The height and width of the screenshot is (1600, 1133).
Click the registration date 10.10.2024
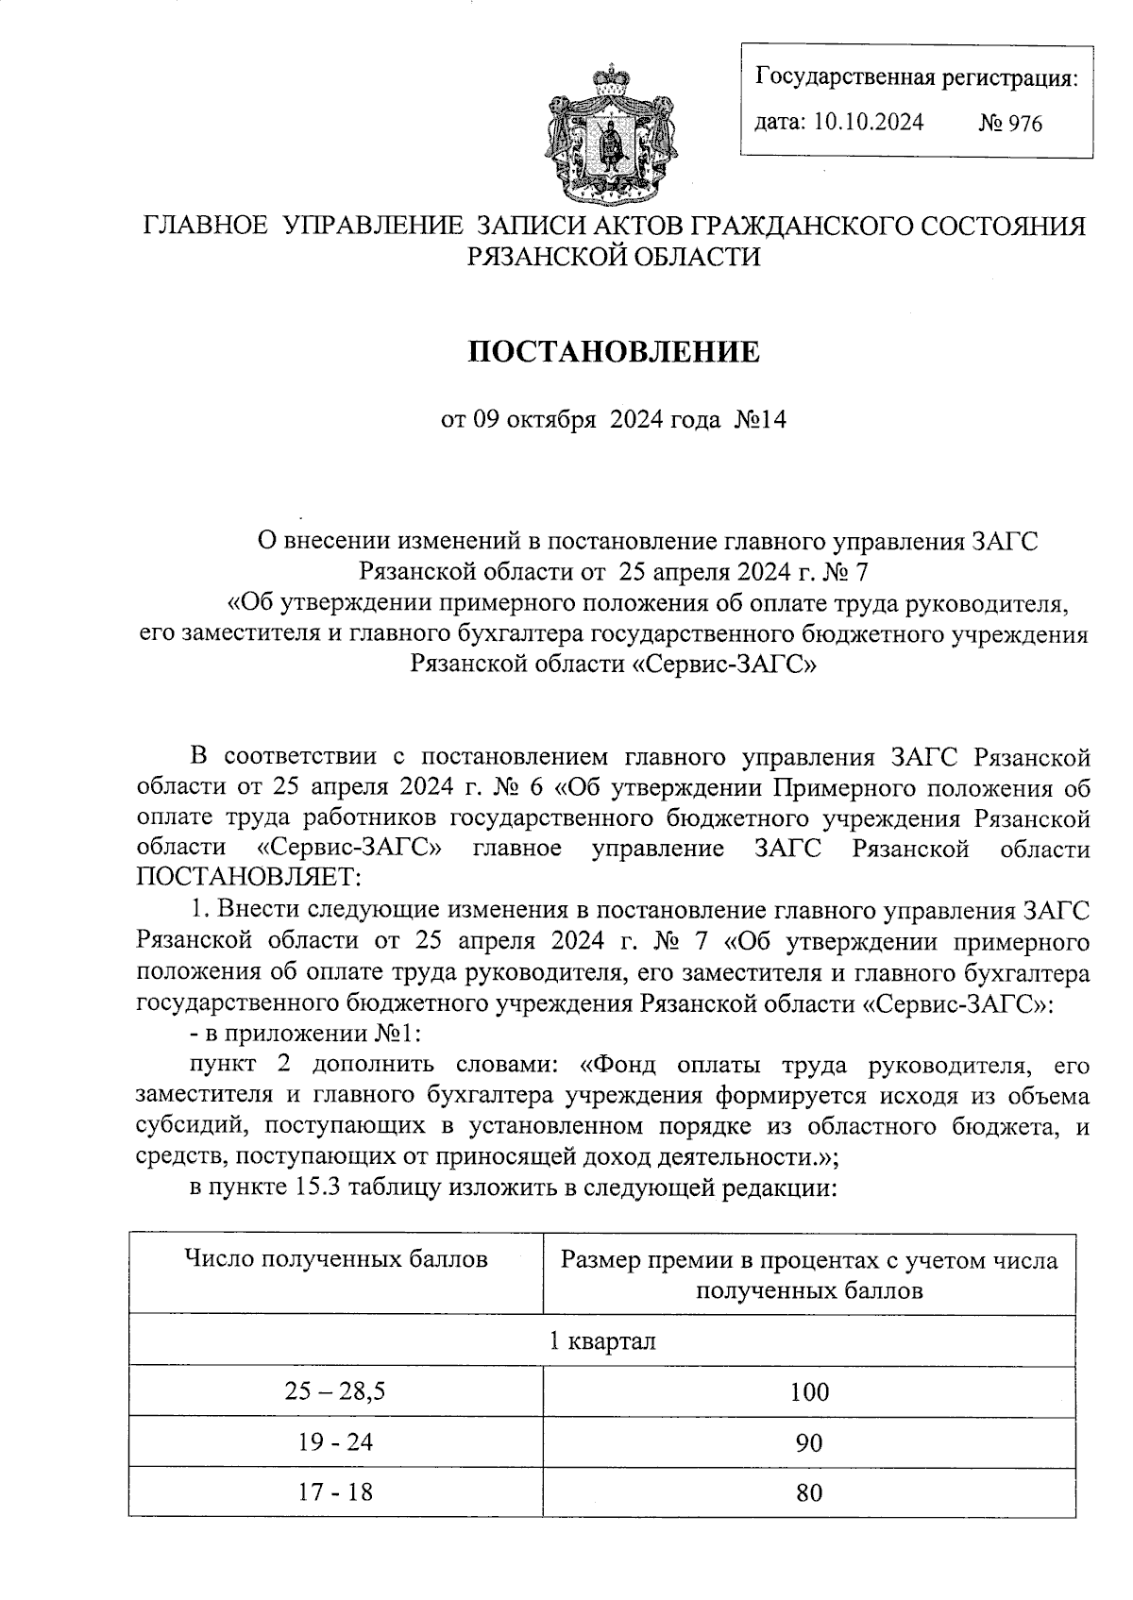click(x=868, y=122)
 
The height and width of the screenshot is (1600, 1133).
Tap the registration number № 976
click(x=1010, y=124)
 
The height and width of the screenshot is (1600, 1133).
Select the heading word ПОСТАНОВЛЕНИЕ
click(x=614, y=352)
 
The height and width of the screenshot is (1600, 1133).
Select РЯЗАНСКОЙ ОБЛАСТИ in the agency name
click(x=614, y=256)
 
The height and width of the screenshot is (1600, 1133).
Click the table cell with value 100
click(x=809, y=1391)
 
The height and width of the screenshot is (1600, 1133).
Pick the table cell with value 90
click(x=809, y=1442)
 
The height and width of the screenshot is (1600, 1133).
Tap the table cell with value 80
click(x=809, y=1493)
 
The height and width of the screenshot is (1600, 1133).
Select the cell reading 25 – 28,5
click(x=335, y=1391)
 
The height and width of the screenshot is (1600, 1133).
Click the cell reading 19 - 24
click(x=335, y=1442)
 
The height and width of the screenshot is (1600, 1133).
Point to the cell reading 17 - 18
click(x=335, y=1493)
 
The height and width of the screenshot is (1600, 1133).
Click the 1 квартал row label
click(x=602, y=1340)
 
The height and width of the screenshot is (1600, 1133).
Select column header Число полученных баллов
click(x=336, y=1259)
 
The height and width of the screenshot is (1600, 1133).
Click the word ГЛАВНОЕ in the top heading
click(x=199, y=227)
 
